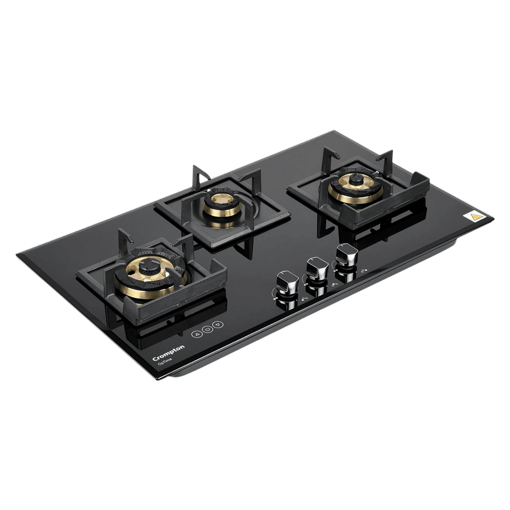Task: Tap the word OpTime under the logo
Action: point(164,361)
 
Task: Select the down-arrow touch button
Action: point(218,324)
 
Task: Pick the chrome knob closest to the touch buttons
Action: point(284,282)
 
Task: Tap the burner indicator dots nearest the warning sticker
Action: point(363,271)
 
